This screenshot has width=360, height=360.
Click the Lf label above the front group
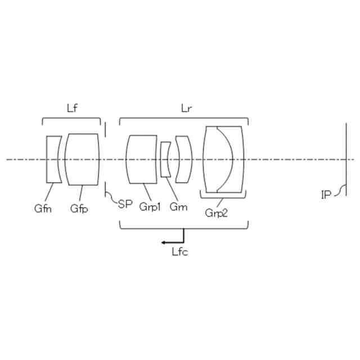[72, 108]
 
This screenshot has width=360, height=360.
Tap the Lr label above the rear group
[186, 109]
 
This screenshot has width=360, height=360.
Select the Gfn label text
[43, 209]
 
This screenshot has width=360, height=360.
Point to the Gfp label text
[79, 209]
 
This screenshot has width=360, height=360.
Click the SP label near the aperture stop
[125, 204]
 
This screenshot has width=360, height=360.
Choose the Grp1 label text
[150, 207]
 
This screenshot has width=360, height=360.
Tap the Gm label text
[178, 207]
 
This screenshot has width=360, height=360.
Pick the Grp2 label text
[216, 213]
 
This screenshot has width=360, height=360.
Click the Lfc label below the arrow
[180, 252]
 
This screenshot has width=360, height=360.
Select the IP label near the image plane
[326, 195]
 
